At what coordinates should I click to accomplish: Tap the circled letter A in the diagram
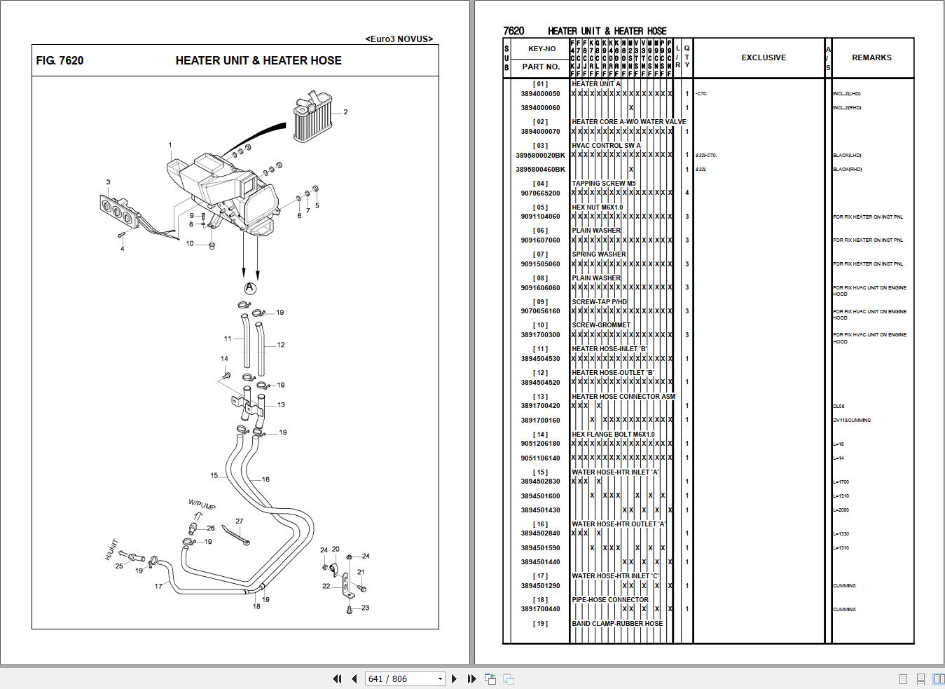click(x=250, y=288)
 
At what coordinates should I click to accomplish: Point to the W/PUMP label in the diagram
click(x=202, y=505)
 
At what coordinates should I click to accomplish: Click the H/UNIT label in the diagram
click(x=112, y=549)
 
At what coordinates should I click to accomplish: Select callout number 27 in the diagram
click(x=240, y=521)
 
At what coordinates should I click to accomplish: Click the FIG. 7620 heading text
click(x=60, y=61)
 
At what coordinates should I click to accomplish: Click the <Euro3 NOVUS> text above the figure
click(x=399, y=39)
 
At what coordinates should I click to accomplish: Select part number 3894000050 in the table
click(x=540, y=94)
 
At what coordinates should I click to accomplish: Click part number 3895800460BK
click(x=540, y=170)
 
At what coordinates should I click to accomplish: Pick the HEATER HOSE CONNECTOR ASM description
click(x=623, y=397)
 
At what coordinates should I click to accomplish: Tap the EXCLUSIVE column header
click(x=764, y=57)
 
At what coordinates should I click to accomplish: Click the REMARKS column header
click(x=871, y=57)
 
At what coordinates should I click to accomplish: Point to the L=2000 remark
click(x=843, y=510)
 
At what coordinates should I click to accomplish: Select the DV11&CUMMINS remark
click(x=852, y=421)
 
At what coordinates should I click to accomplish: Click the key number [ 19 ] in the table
click(x=540, y=624)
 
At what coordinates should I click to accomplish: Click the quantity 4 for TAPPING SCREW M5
click(x=687, y=193)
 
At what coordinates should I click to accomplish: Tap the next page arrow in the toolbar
click(x=454, y=678)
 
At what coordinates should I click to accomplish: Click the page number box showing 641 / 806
click(x=405, y=678)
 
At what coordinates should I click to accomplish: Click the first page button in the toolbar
click(x=337, y=678)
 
